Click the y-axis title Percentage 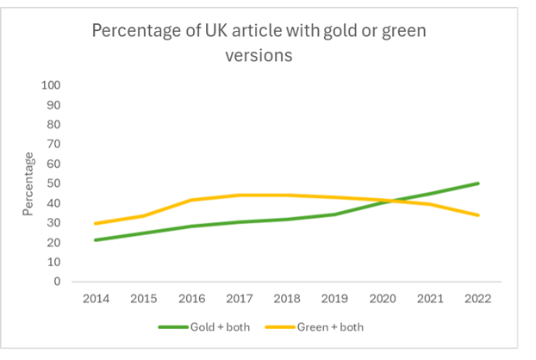pos(29,183)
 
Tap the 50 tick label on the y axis pos(54,183)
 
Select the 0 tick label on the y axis pos(58,282)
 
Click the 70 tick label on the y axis pos(54,144)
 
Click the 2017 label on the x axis pos(238,299)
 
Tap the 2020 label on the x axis pos(382,299)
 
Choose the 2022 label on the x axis pos(478,299)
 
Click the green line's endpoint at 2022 pos(478,183)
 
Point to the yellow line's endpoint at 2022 pos(478,215)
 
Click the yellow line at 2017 pos(238,196)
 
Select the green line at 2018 pos(286,219)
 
